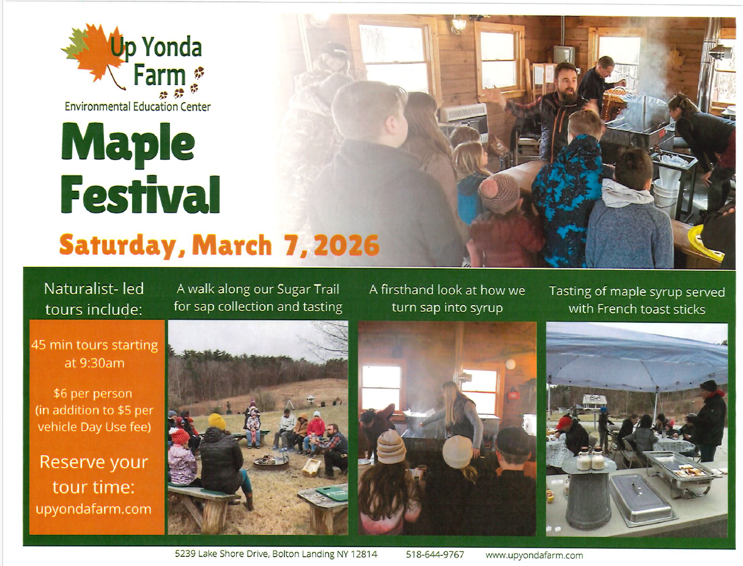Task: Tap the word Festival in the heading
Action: pyautogui.click(x=140, y=194)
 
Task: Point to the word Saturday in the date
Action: pyautogui.click(x=122, y=246)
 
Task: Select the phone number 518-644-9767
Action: pyautogui.click(x=435, y=555)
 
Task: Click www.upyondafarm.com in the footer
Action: pyautogui.click(x=534, y=555)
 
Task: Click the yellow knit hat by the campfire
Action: pyautogui.click(x=216, y=421)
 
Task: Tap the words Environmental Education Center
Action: pyautogui.click(x=138, y=107)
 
